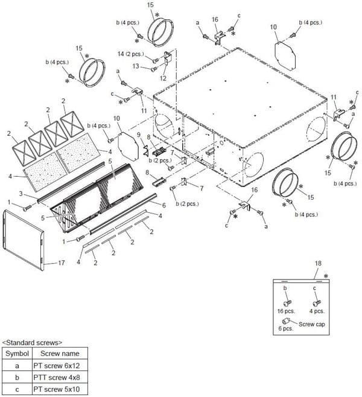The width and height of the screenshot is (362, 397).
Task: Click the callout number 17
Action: (x=62, y=263)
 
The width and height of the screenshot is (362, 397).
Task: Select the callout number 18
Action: (x=318, y=263)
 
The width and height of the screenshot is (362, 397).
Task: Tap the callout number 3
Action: (x=21, y=194)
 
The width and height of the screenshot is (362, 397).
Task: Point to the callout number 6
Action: (x=164, y=205)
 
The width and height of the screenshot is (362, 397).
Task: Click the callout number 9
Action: (x=139, y=135)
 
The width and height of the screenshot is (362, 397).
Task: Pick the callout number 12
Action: (x=163, y=78)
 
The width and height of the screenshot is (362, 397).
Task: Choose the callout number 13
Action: (x=136, y=66)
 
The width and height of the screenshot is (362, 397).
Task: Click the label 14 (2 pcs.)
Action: (x=131, y=54)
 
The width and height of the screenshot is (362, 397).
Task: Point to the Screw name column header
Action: (x=60, y=354)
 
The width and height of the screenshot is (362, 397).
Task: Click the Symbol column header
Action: (x=17, y=354)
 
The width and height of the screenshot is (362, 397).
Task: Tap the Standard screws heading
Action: (x=32, y=343)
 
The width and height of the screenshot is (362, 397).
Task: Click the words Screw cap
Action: (x=312, y=325)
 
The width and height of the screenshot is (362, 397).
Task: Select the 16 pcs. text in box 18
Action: (x=286, y=311)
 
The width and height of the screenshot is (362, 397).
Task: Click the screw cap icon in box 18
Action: (x=285, y=321)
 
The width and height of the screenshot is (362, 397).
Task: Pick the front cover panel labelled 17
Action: (x=24, y=240)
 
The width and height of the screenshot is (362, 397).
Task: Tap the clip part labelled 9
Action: (x=146, y=151)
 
